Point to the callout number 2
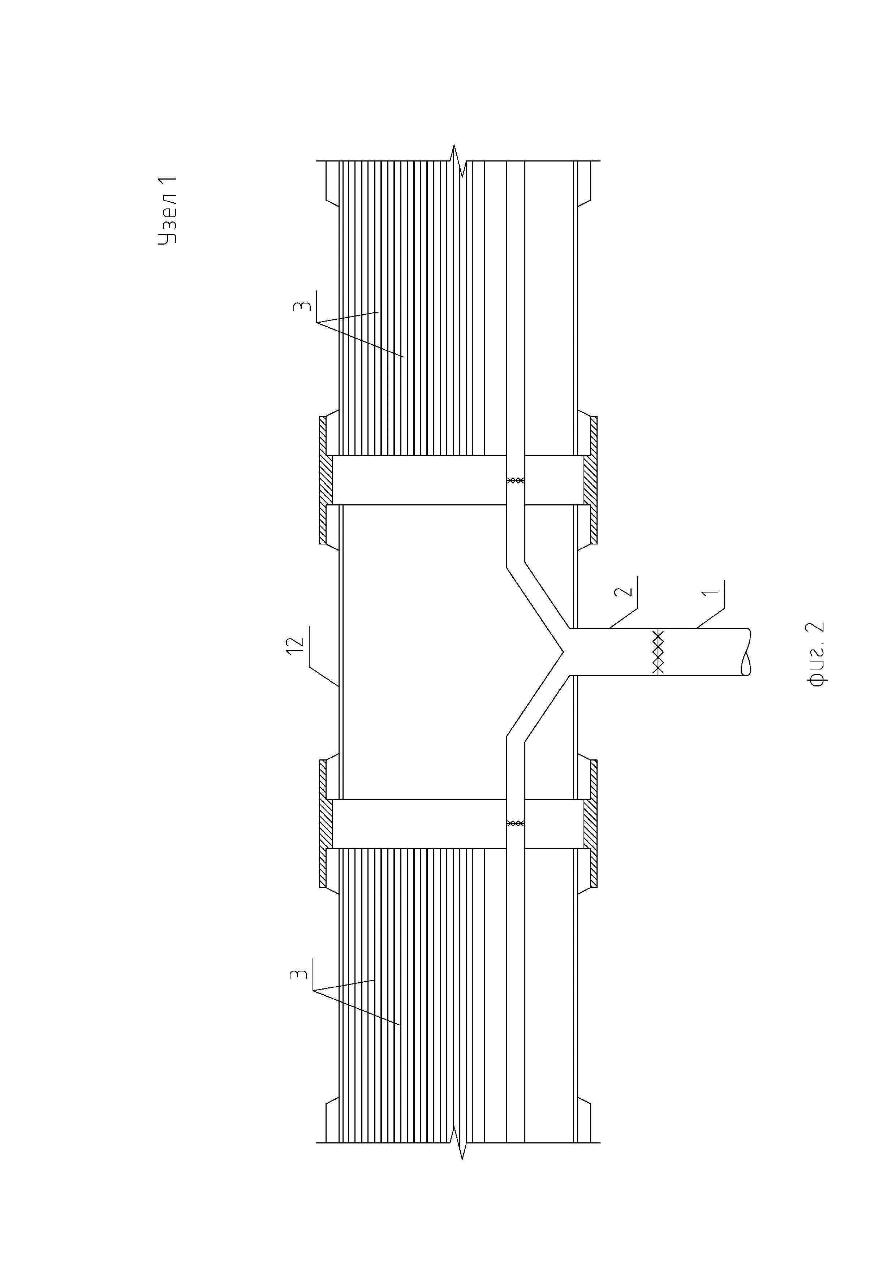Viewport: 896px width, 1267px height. click(623, 591)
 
